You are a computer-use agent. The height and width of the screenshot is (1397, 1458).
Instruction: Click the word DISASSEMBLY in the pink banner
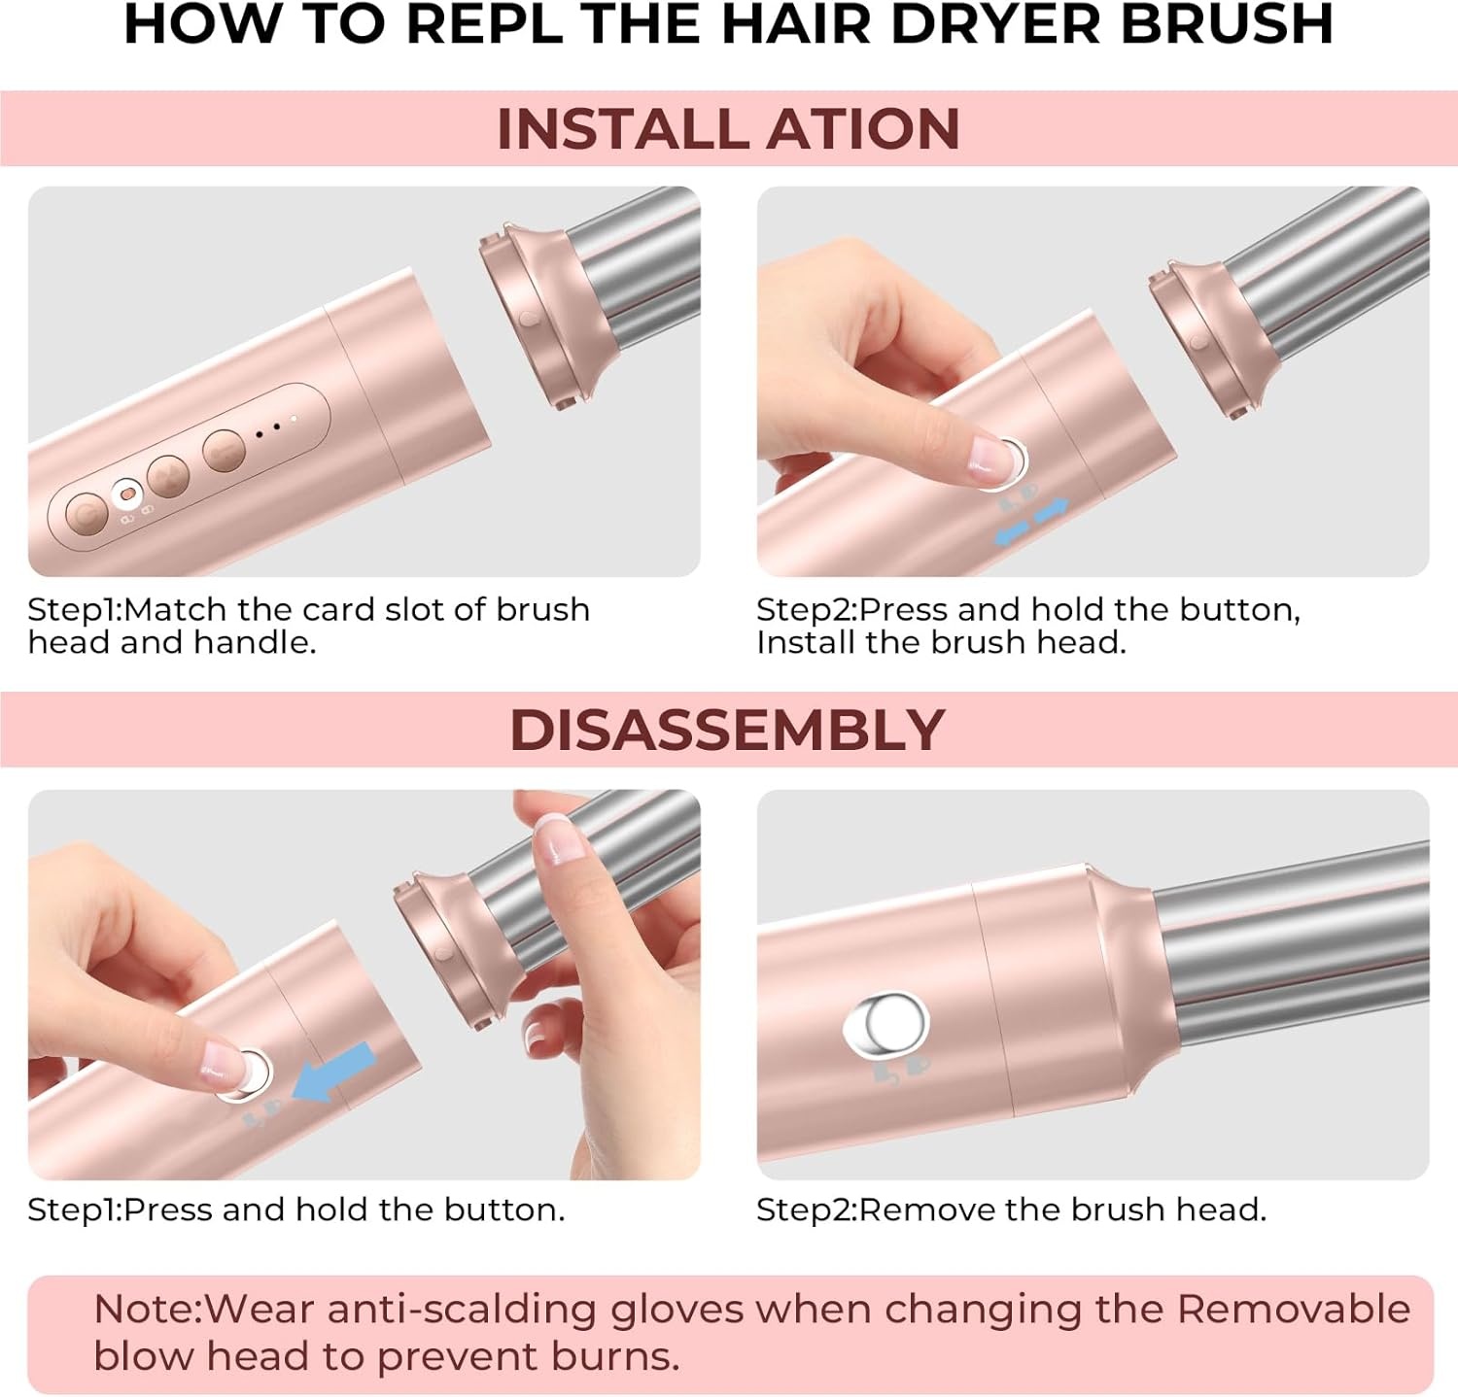pos(727,731)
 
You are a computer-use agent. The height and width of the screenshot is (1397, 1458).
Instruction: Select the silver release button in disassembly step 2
pos(886,1023)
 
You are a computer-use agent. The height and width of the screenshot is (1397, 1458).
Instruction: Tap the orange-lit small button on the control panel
pos(125,494)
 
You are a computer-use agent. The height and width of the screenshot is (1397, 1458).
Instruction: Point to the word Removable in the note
pos(1293,1310)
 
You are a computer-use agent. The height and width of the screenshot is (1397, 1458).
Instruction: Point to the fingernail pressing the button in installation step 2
pos(992,456)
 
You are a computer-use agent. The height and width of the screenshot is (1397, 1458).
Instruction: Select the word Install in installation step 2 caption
pos(805,643)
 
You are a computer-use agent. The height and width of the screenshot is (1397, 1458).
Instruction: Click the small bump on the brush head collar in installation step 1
pos(528,319)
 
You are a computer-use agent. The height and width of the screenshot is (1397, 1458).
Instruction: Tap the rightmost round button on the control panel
pos(224,450)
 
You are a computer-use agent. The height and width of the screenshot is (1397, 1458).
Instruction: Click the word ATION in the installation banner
pos(863,129)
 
